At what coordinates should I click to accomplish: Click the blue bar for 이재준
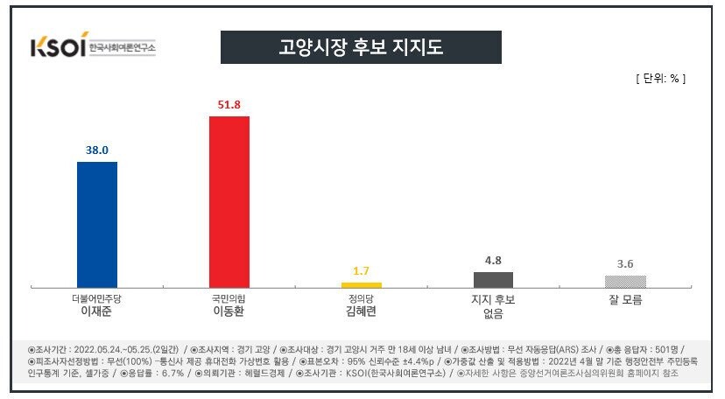click(97, 225)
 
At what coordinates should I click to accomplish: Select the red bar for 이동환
click(229, 201)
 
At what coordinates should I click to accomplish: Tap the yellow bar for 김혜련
click(361, 284)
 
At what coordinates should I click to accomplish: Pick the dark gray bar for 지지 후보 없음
click(493, 280)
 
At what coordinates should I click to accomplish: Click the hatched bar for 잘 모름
click(625, 282)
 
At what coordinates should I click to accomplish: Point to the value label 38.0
click(97, 150)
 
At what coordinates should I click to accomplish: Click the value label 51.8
click(229, 104)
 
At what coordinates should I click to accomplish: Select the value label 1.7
click(361, 270)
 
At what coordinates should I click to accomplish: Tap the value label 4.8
click(493, 260)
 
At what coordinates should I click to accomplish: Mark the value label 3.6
click(625, 263)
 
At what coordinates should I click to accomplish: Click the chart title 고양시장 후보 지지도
click(360, 47)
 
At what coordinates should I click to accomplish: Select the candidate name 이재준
click(97, 311)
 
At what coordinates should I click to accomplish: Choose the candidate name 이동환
click(229, 311)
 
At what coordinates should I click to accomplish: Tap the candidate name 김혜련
click(361, 311)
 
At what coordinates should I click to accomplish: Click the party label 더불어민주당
click(97, 298)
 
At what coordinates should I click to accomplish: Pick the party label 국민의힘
click(229, 298)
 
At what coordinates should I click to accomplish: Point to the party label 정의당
click(361, 298)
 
